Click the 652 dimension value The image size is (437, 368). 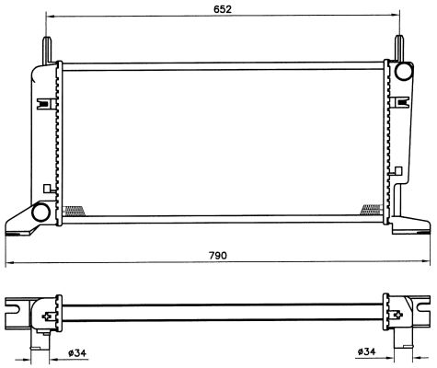[223, 9]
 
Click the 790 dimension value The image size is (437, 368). [218, 255]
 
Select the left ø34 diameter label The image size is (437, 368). [77, 353]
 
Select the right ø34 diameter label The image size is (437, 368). [366, 351]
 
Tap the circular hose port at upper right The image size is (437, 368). [403, 71]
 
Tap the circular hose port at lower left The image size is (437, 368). [40, 212]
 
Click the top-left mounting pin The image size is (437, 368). [48, 50]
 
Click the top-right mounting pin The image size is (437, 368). [399, 49]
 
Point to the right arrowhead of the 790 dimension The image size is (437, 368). [427, 261]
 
